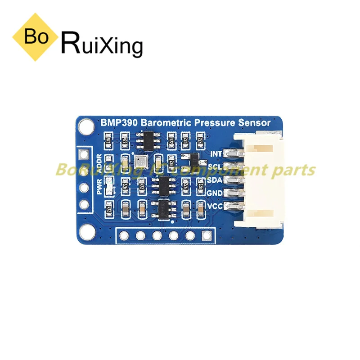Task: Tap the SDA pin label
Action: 216,181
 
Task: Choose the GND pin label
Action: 216,194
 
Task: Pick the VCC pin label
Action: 216,207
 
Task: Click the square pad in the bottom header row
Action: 207,235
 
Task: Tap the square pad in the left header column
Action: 84,156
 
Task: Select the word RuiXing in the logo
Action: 101,44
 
